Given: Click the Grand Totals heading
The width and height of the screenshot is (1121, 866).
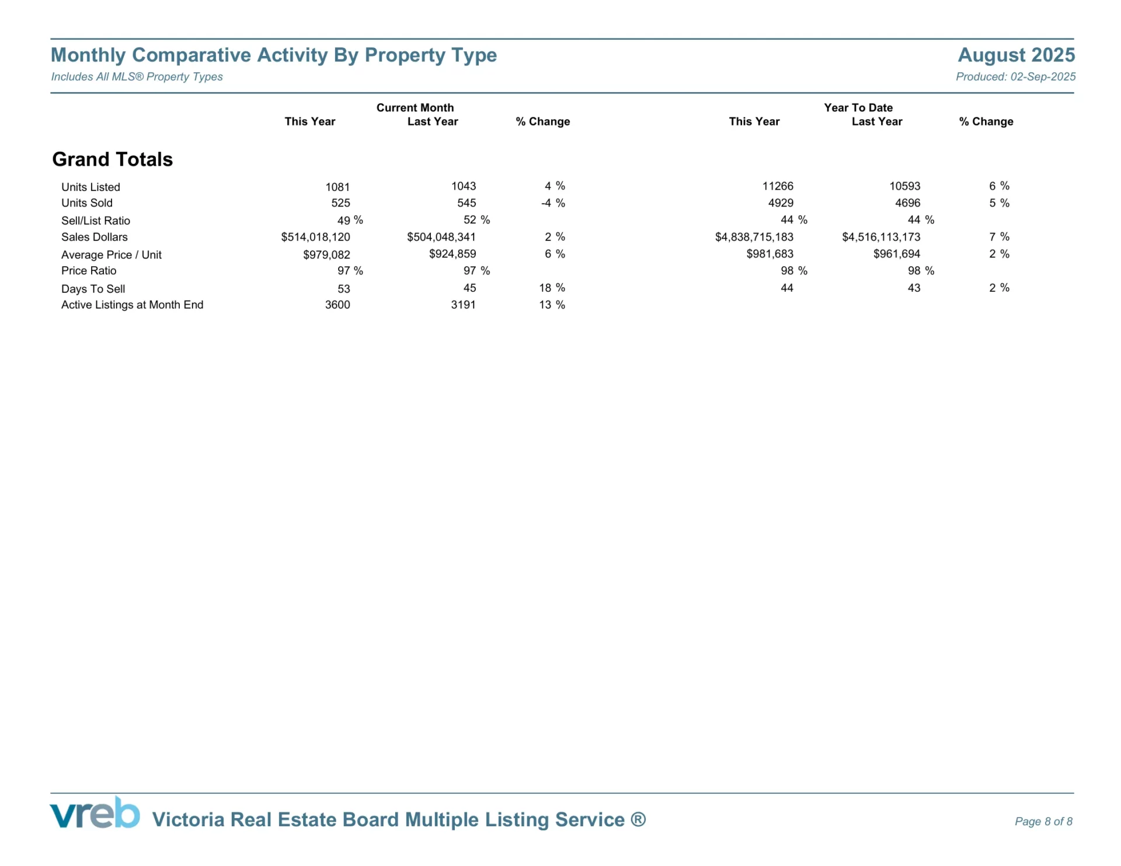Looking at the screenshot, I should (112, 159).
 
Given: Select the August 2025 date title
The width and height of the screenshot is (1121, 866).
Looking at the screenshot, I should (1016, 55).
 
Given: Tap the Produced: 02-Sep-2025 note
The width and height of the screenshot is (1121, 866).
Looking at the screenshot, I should (1015, 76).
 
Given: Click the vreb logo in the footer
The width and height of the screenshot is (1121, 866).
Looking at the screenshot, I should (95, 813).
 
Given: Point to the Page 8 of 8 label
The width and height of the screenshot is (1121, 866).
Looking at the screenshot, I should (1043, 822).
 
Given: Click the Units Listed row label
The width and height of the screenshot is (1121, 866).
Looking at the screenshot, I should (90, 187).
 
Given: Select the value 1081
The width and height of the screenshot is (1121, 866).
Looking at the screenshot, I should (337, 187).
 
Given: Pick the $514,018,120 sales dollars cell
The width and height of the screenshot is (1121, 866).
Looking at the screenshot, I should (315, 237).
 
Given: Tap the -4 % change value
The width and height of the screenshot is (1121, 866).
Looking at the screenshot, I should (552, 203).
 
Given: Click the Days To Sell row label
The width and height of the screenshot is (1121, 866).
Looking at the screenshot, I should (93, 289).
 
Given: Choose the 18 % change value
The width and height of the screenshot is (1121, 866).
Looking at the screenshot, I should (552, 288).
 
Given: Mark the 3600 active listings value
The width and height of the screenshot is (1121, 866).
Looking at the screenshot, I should (337, 305).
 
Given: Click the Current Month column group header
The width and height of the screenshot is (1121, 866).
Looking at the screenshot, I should (415, 107).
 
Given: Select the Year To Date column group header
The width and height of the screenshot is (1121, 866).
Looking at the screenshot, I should (858, 107).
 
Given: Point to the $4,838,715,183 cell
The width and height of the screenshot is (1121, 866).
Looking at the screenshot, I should (754, 237).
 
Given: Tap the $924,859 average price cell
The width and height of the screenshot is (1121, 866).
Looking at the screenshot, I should (452, 254).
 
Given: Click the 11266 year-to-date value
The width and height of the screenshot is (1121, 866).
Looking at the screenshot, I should (778, 186).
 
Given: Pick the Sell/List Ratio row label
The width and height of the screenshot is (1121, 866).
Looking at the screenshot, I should (96, 221).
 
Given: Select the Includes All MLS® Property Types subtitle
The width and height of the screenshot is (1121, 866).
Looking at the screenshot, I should (137, 76).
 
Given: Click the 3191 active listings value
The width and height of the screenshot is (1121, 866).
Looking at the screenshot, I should (463, 305).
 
